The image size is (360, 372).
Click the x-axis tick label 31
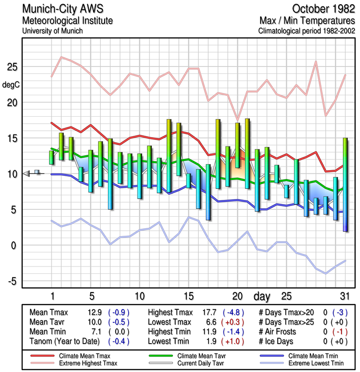coord(344,296)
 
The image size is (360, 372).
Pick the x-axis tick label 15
coord(188,296)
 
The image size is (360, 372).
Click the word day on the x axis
coord(262,296)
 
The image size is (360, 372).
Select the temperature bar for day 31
coord(345,184)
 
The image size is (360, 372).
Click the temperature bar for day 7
coord(110,173)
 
